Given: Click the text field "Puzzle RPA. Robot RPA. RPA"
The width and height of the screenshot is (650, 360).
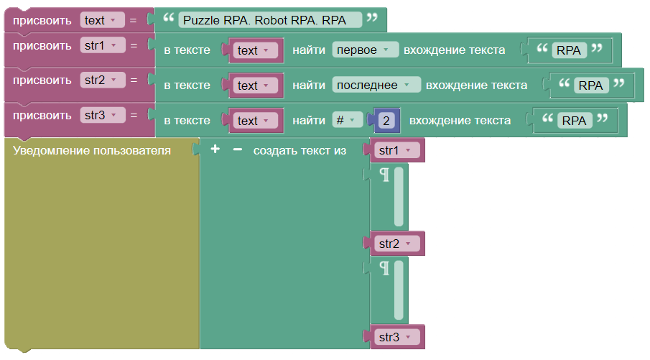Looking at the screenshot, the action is coord(270,20).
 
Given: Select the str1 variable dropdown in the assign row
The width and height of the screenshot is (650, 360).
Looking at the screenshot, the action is coord(103,45).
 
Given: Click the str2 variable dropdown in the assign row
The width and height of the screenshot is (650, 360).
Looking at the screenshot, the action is coord(103,80).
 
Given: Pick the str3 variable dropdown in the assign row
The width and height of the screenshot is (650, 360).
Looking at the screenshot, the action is coord(103,115).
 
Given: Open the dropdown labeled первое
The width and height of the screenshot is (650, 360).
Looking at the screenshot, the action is coord(365,50).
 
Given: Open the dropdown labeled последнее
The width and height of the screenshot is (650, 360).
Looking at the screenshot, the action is coord(376,85).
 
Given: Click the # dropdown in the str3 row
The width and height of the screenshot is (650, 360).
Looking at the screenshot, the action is coord(348,120).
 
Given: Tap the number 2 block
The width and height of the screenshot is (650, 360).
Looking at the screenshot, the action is coord(386,120).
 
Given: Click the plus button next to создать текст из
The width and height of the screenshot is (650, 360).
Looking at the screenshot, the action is coord(215,149).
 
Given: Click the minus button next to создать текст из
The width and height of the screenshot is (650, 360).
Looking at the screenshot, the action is coord(238,149).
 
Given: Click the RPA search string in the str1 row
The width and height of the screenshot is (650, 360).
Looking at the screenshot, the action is coord(569,50).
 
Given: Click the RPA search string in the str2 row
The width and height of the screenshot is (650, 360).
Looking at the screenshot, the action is coord(591,85).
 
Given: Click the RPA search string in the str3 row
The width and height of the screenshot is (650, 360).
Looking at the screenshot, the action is coord(575,120).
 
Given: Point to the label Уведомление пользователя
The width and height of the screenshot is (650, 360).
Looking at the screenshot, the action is coord(92,150).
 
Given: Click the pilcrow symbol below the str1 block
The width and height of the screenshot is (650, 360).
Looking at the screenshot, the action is coord(385,175).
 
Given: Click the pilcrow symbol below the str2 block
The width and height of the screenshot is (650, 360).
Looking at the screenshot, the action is coord(385,268).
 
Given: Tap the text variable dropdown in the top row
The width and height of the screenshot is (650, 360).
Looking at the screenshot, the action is coord(103,20).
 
